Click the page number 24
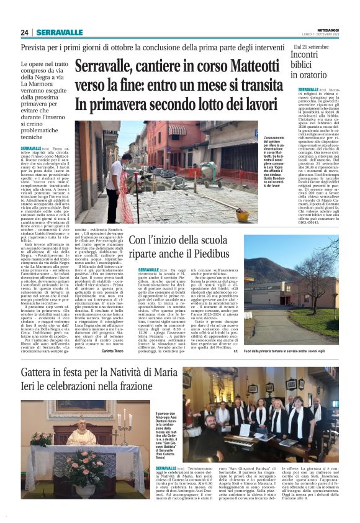(24, 32)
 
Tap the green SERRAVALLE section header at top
(60, 32)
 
